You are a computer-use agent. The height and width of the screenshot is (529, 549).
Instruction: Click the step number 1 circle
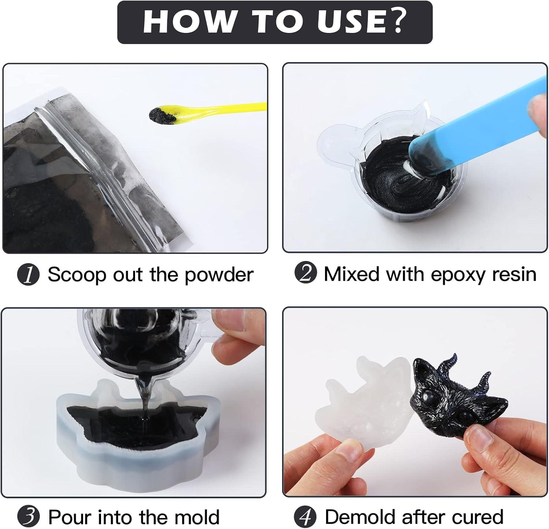pos(28,275)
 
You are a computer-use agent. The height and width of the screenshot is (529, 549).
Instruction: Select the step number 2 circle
pos(305,273)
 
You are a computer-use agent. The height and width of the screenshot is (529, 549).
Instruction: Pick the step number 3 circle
pos(28,517)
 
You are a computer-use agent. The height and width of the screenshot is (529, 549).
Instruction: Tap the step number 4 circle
pos(305,517)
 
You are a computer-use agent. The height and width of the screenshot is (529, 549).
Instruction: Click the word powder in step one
pos(219,275)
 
